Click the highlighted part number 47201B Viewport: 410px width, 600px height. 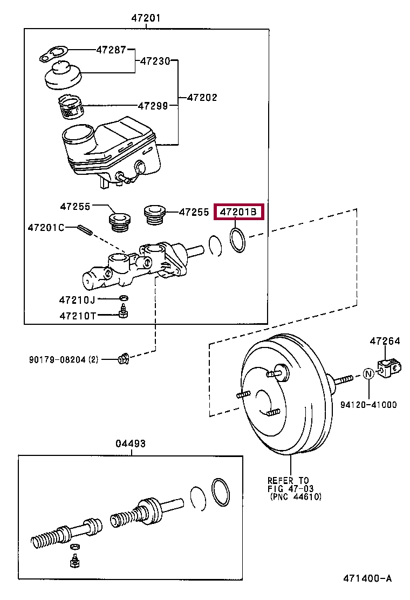coord(238,211)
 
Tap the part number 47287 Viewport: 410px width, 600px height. coord(111,50)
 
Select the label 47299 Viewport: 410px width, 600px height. coord(153,106)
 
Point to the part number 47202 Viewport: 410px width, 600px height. coord(202,98)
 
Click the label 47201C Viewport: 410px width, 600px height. coord(46,228)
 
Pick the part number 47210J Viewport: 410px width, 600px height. coord(77,300)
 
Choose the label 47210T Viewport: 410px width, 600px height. coord(78,316)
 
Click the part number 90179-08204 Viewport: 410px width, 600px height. coord(57,360)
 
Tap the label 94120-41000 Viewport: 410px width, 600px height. coord(368,405)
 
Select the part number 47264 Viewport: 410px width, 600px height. coord(385,341)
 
